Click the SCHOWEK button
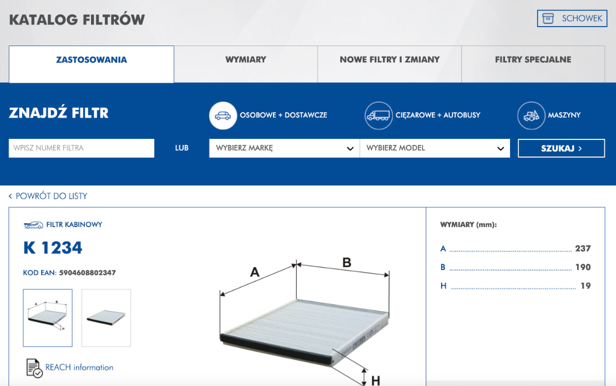pyautogui.click(x=572, y=18)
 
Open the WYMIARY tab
pyautogui.click(x=245, y=59)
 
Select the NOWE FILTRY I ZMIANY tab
pyautogui.click(x=390, y=59)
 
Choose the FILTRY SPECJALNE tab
pyautogui.click(x=533, y=59)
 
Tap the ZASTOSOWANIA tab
pyautogui.click(x=92, y=59)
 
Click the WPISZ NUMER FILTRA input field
pyautogui.click(x=82, y=148)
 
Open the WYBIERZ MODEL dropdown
pyautogui.click(x=435, y=148)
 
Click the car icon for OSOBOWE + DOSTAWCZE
pyautogui.click(x=223, y=116)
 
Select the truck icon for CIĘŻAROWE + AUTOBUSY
pyautogui.click(x=378, y=116)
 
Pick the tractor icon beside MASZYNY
pyautogui.click(x=531, y=116)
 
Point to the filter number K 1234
pyautogui.click(x=53, y=248)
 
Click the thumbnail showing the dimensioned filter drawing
pyautogui.click(x=48, y=318)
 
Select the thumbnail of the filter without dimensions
pyautogui.click(x=106, y=318)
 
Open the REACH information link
pyautogui.click(x=79, y=367)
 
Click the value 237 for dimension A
pyautogui.click(x=583, y=248)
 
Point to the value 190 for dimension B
pyautogui.click(x=583, y=267)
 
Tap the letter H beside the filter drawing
pyautogui.click(x=376, y=380)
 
